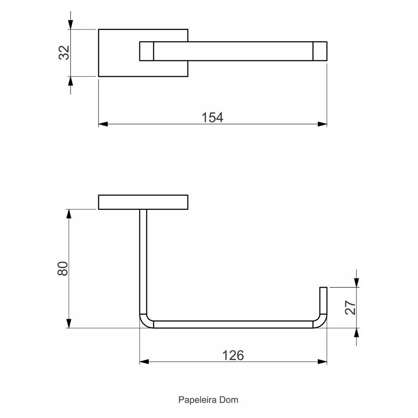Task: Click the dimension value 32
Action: (64, 53)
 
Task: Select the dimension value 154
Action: (212, 117)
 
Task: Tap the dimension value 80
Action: (63, 268)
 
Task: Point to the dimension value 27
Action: (350, 308)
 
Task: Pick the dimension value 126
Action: (233, 355)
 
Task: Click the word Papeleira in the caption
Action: (198, 400)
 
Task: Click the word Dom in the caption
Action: (229, 400)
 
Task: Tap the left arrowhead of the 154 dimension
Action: (103, 124)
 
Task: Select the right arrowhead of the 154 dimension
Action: (322, 124)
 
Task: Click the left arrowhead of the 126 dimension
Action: (144, 362)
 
